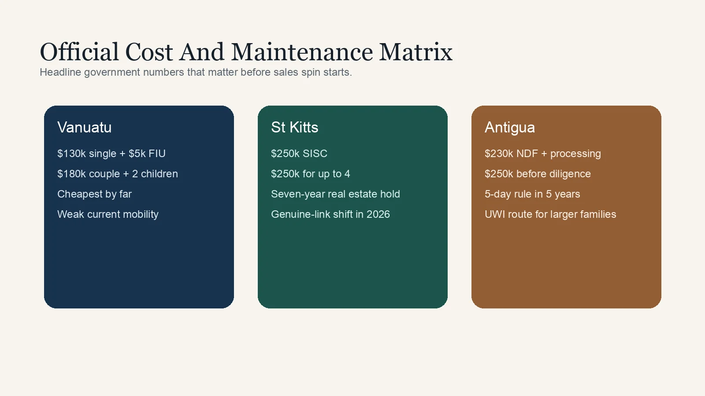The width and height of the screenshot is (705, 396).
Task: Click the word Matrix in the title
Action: tap(416, 52)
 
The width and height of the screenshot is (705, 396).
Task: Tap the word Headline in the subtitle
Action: tap(60, 72)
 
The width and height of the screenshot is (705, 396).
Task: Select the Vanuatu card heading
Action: tap(84, 127)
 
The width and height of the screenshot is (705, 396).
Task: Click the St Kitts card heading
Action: tap(295, 127)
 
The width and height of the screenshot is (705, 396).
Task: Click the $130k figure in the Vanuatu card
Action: tap(71, 154)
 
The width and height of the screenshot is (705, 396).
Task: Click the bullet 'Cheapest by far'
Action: tap(94, 194)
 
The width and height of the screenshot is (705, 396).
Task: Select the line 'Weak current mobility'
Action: tap(108, 214)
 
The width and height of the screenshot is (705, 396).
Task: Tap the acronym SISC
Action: tap(315, 154)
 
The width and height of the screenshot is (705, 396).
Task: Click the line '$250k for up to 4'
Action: tap(311, 174)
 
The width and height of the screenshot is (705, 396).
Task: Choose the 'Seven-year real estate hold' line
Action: tap(335, 194)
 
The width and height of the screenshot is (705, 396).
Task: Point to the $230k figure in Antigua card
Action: tap(499, 154)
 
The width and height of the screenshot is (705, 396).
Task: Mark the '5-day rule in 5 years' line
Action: tap(532, 194)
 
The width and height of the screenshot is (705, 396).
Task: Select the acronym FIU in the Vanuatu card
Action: tap(157, 154)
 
